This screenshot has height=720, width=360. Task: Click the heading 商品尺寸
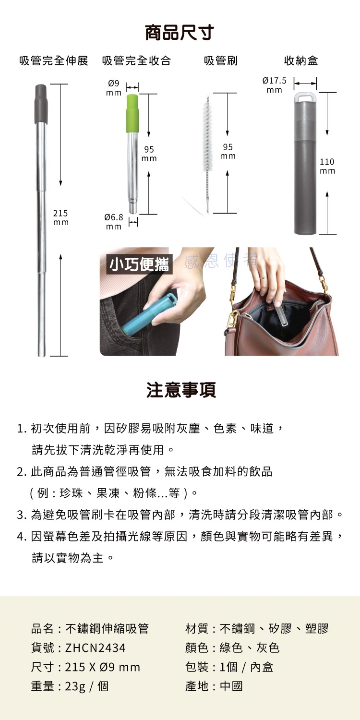[x=180, y=33]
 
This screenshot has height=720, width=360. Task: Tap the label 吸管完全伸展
[x=54, y=61]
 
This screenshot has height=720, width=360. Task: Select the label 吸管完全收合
[x=136, y=61]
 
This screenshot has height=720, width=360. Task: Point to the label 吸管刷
[x=220, y=61]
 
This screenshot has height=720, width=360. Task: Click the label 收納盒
[x=301, y=61]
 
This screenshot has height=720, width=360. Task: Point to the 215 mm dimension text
[x=60, y=217]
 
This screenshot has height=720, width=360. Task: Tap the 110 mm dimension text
[x=328, y=166]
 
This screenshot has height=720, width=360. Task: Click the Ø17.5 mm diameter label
[x=275, y=85]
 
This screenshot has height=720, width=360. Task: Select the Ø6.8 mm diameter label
[x=114, y=222]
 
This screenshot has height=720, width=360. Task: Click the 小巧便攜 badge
[x=139, y=264]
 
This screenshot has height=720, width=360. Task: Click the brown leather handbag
[x=283, y=326]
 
